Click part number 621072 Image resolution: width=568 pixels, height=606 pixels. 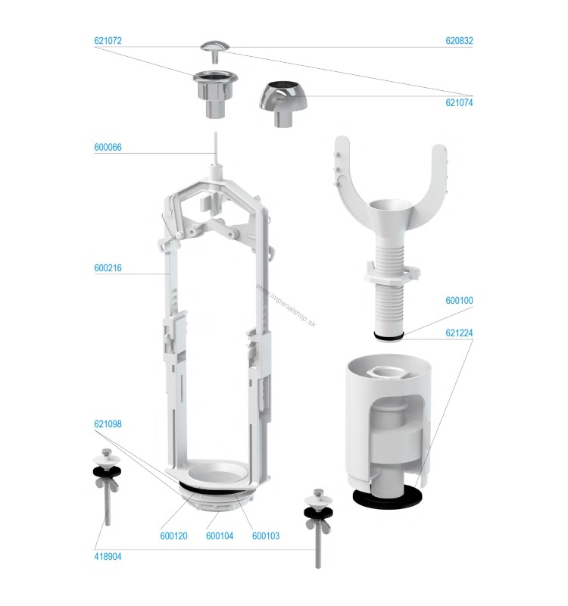tap(108, 41)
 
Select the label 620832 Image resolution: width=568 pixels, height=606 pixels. tap(459, 41)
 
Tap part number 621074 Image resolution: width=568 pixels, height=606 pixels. tap(459, 102)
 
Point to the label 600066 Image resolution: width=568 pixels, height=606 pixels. tap(108, 147)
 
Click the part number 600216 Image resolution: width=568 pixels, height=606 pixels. tap(108, 268)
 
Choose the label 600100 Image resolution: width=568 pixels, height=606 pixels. tap(459, 300)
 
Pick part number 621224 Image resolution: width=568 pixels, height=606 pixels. tap(459, 333)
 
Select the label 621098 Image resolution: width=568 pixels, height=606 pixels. tap(108, 424)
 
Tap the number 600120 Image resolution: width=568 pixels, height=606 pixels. tap(173, 536)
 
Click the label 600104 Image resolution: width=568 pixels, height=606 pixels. tap(220, 536)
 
